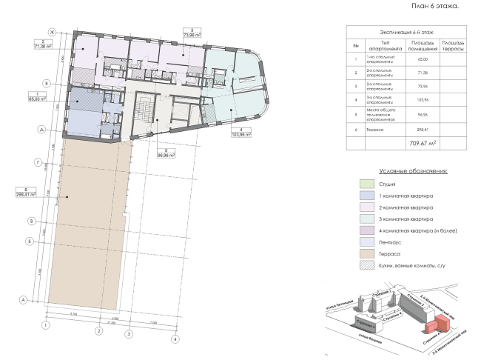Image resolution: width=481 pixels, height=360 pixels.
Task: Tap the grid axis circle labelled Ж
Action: coord(53,31)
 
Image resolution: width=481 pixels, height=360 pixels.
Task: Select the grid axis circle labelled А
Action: coord(23,299)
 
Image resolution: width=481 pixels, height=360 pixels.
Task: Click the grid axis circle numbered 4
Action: coord(175,339)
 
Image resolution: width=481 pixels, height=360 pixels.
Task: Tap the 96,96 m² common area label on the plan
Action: coord(172,156)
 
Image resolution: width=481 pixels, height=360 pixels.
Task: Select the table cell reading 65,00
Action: coord(411,59)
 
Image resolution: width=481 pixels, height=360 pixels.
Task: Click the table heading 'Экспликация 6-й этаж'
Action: coord(403,33)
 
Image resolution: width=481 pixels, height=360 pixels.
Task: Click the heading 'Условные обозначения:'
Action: coord(411,170)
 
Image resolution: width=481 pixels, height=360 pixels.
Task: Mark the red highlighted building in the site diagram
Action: coord(439,324)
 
